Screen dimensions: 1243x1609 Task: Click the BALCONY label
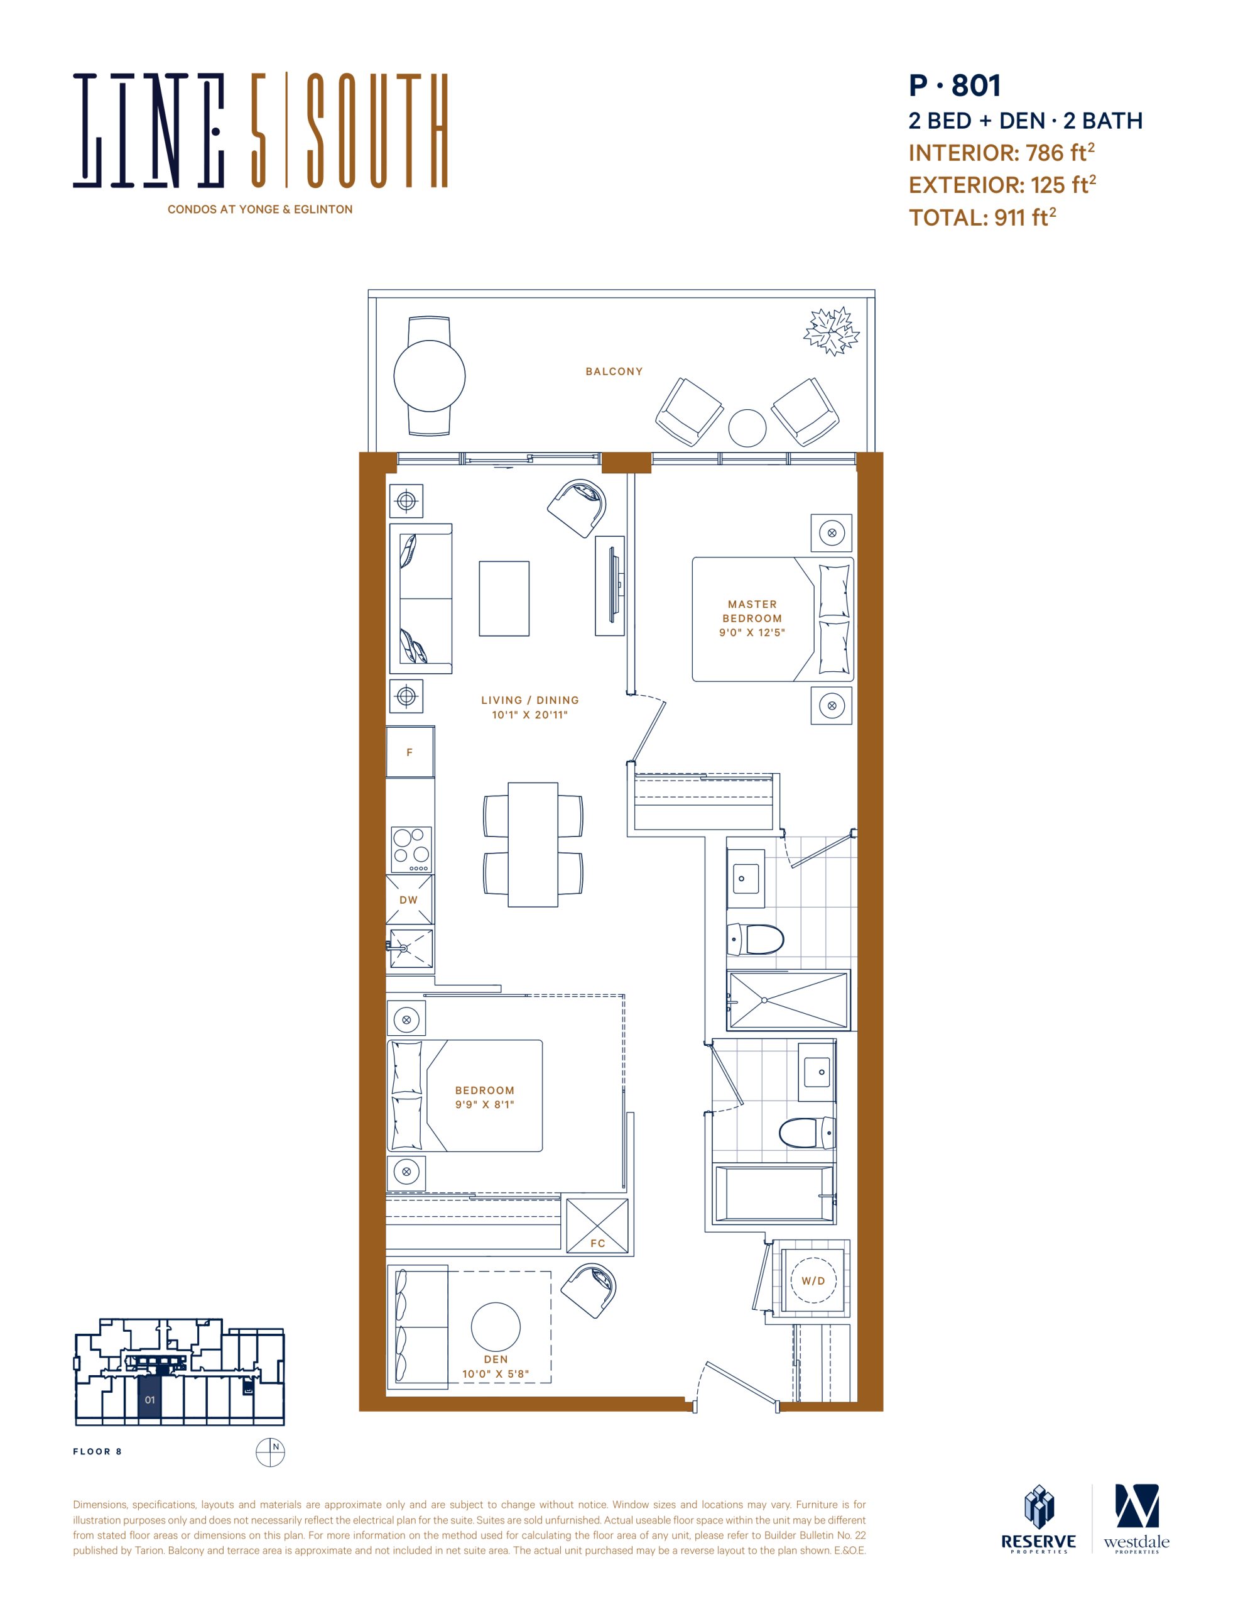point(614,371)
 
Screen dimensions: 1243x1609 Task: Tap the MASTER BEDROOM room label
point(752,612)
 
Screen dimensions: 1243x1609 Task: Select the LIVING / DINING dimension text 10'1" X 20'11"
point(529,715)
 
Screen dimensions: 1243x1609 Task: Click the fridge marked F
point(410,752)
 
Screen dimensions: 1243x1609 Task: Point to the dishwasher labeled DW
point(410,899)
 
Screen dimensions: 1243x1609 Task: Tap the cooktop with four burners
point(411,850)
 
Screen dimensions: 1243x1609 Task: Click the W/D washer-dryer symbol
point(813,1281)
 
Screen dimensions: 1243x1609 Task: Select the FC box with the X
point(597,1226)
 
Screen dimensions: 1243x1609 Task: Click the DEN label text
point(496,1359)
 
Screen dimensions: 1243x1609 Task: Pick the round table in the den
point(496,1327)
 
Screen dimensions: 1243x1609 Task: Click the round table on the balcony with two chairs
point(430,376)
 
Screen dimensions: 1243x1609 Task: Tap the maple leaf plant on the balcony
point(832,331)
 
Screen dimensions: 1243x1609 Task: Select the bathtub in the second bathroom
point(774,1194)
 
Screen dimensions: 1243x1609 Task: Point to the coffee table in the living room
point(504,598)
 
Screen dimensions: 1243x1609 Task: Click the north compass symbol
point(270,1452)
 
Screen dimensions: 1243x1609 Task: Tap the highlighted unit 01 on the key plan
point(150,1399)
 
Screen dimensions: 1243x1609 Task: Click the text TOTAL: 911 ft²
point(982,217)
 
